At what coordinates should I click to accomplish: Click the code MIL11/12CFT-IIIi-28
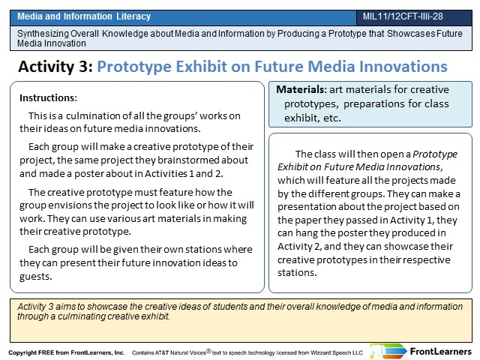[x=403, y=16]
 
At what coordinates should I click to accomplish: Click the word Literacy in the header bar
[x=133, y=16]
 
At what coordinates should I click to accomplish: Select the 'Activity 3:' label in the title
[x=55, y=67]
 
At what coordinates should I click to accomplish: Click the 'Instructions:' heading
[x=48, y=98]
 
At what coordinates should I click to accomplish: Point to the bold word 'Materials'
[x=300, y=89]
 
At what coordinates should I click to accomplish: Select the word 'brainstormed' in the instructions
[x=187, y=160]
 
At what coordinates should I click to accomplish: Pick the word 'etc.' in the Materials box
[x=332, y=118]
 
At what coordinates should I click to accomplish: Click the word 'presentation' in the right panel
[x=306, y=207]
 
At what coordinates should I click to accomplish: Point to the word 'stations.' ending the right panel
[x=297, y=272]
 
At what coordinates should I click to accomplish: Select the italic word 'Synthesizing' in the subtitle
[x=42, y=33]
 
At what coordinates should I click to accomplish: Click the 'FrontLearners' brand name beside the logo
[x=440, y=352]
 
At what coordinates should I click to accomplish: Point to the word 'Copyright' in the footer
[x=22, y=352]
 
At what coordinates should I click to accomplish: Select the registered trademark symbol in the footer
[x=208, y=351]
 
